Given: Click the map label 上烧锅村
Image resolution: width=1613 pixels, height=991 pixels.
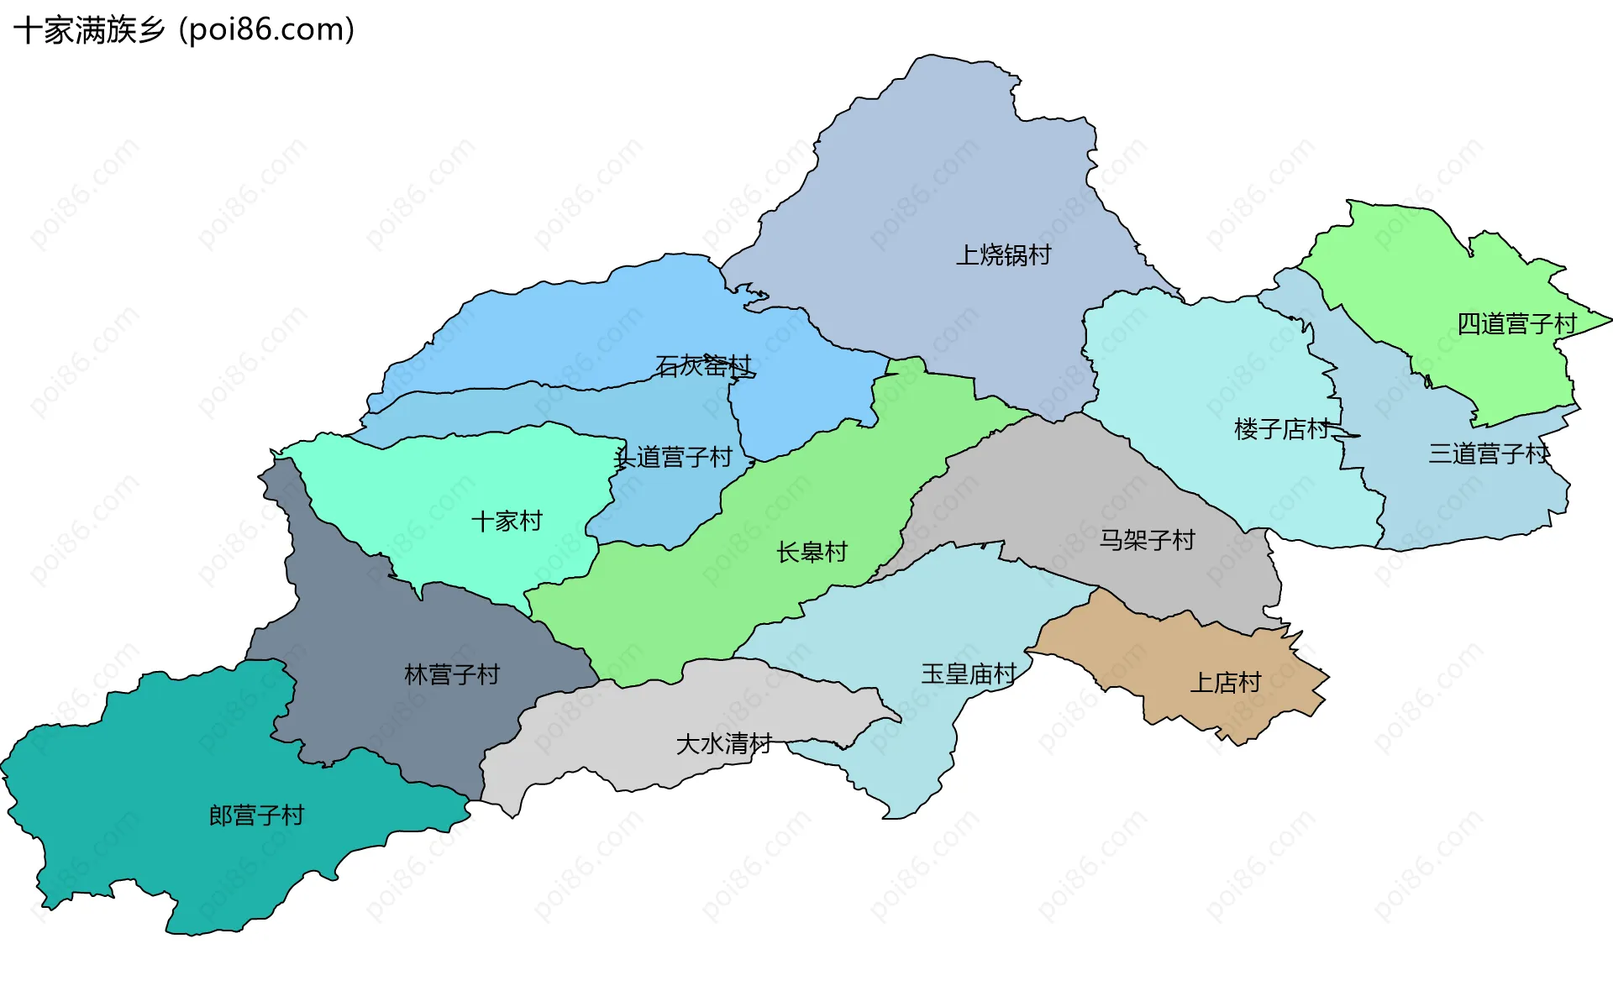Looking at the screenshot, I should coord(1003,254).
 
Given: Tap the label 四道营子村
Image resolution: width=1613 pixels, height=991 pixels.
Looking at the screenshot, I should coord(1516,324).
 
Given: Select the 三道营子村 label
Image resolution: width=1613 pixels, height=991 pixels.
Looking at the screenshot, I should coord(1489,454).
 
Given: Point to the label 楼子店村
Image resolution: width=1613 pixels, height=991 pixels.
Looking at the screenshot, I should coord(1282,429).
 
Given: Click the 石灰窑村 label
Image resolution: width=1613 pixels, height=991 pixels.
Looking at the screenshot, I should coord(703,366).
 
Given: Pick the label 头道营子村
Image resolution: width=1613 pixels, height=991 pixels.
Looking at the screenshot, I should coord(674,458).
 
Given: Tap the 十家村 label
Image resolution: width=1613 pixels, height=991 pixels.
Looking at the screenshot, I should coord(507,522).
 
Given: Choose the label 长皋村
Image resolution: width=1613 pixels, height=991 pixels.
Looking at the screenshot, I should coord(812,553).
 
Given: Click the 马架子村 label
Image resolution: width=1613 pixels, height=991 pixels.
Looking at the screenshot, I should coord(1147,540).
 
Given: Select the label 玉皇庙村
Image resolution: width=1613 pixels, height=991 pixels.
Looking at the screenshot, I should coord(969,674).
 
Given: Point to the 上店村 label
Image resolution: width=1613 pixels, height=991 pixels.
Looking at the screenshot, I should coord(1226,683).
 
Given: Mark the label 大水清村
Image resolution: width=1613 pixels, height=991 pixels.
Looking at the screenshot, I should coord(723,744).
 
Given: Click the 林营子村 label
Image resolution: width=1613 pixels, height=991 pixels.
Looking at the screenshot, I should coord(452,674).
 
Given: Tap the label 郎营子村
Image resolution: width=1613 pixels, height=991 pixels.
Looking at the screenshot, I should coord(256,815).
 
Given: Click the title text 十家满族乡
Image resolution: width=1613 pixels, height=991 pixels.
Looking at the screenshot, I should coord(89,30).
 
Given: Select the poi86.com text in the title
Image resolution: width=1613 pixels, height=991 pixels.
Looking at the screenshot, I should coord(267,30).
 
